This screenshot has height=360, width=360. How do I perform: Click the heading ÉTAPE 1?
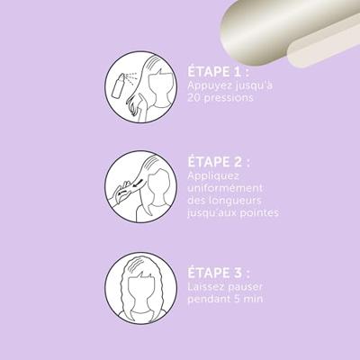(219, 72)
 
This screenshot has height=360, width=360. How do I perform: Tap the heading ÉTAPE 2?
(219, 162)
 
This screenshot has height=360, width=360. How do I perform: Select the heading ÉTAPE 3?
(219, 274)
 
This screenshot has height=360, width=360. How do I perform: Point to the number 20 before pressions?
(194, 98)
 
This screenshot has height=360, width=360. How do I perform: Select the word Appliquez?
(213, 176)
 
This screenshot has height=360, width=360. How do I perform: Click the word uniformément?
(225, 188)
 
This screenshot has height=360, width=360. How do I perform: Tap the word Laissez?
(206, 287)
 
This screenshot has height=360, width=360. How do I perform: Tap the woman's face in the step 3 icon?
(141, 290)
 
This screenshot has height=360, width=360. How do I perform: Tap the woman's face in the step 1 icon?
(162, 87)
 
